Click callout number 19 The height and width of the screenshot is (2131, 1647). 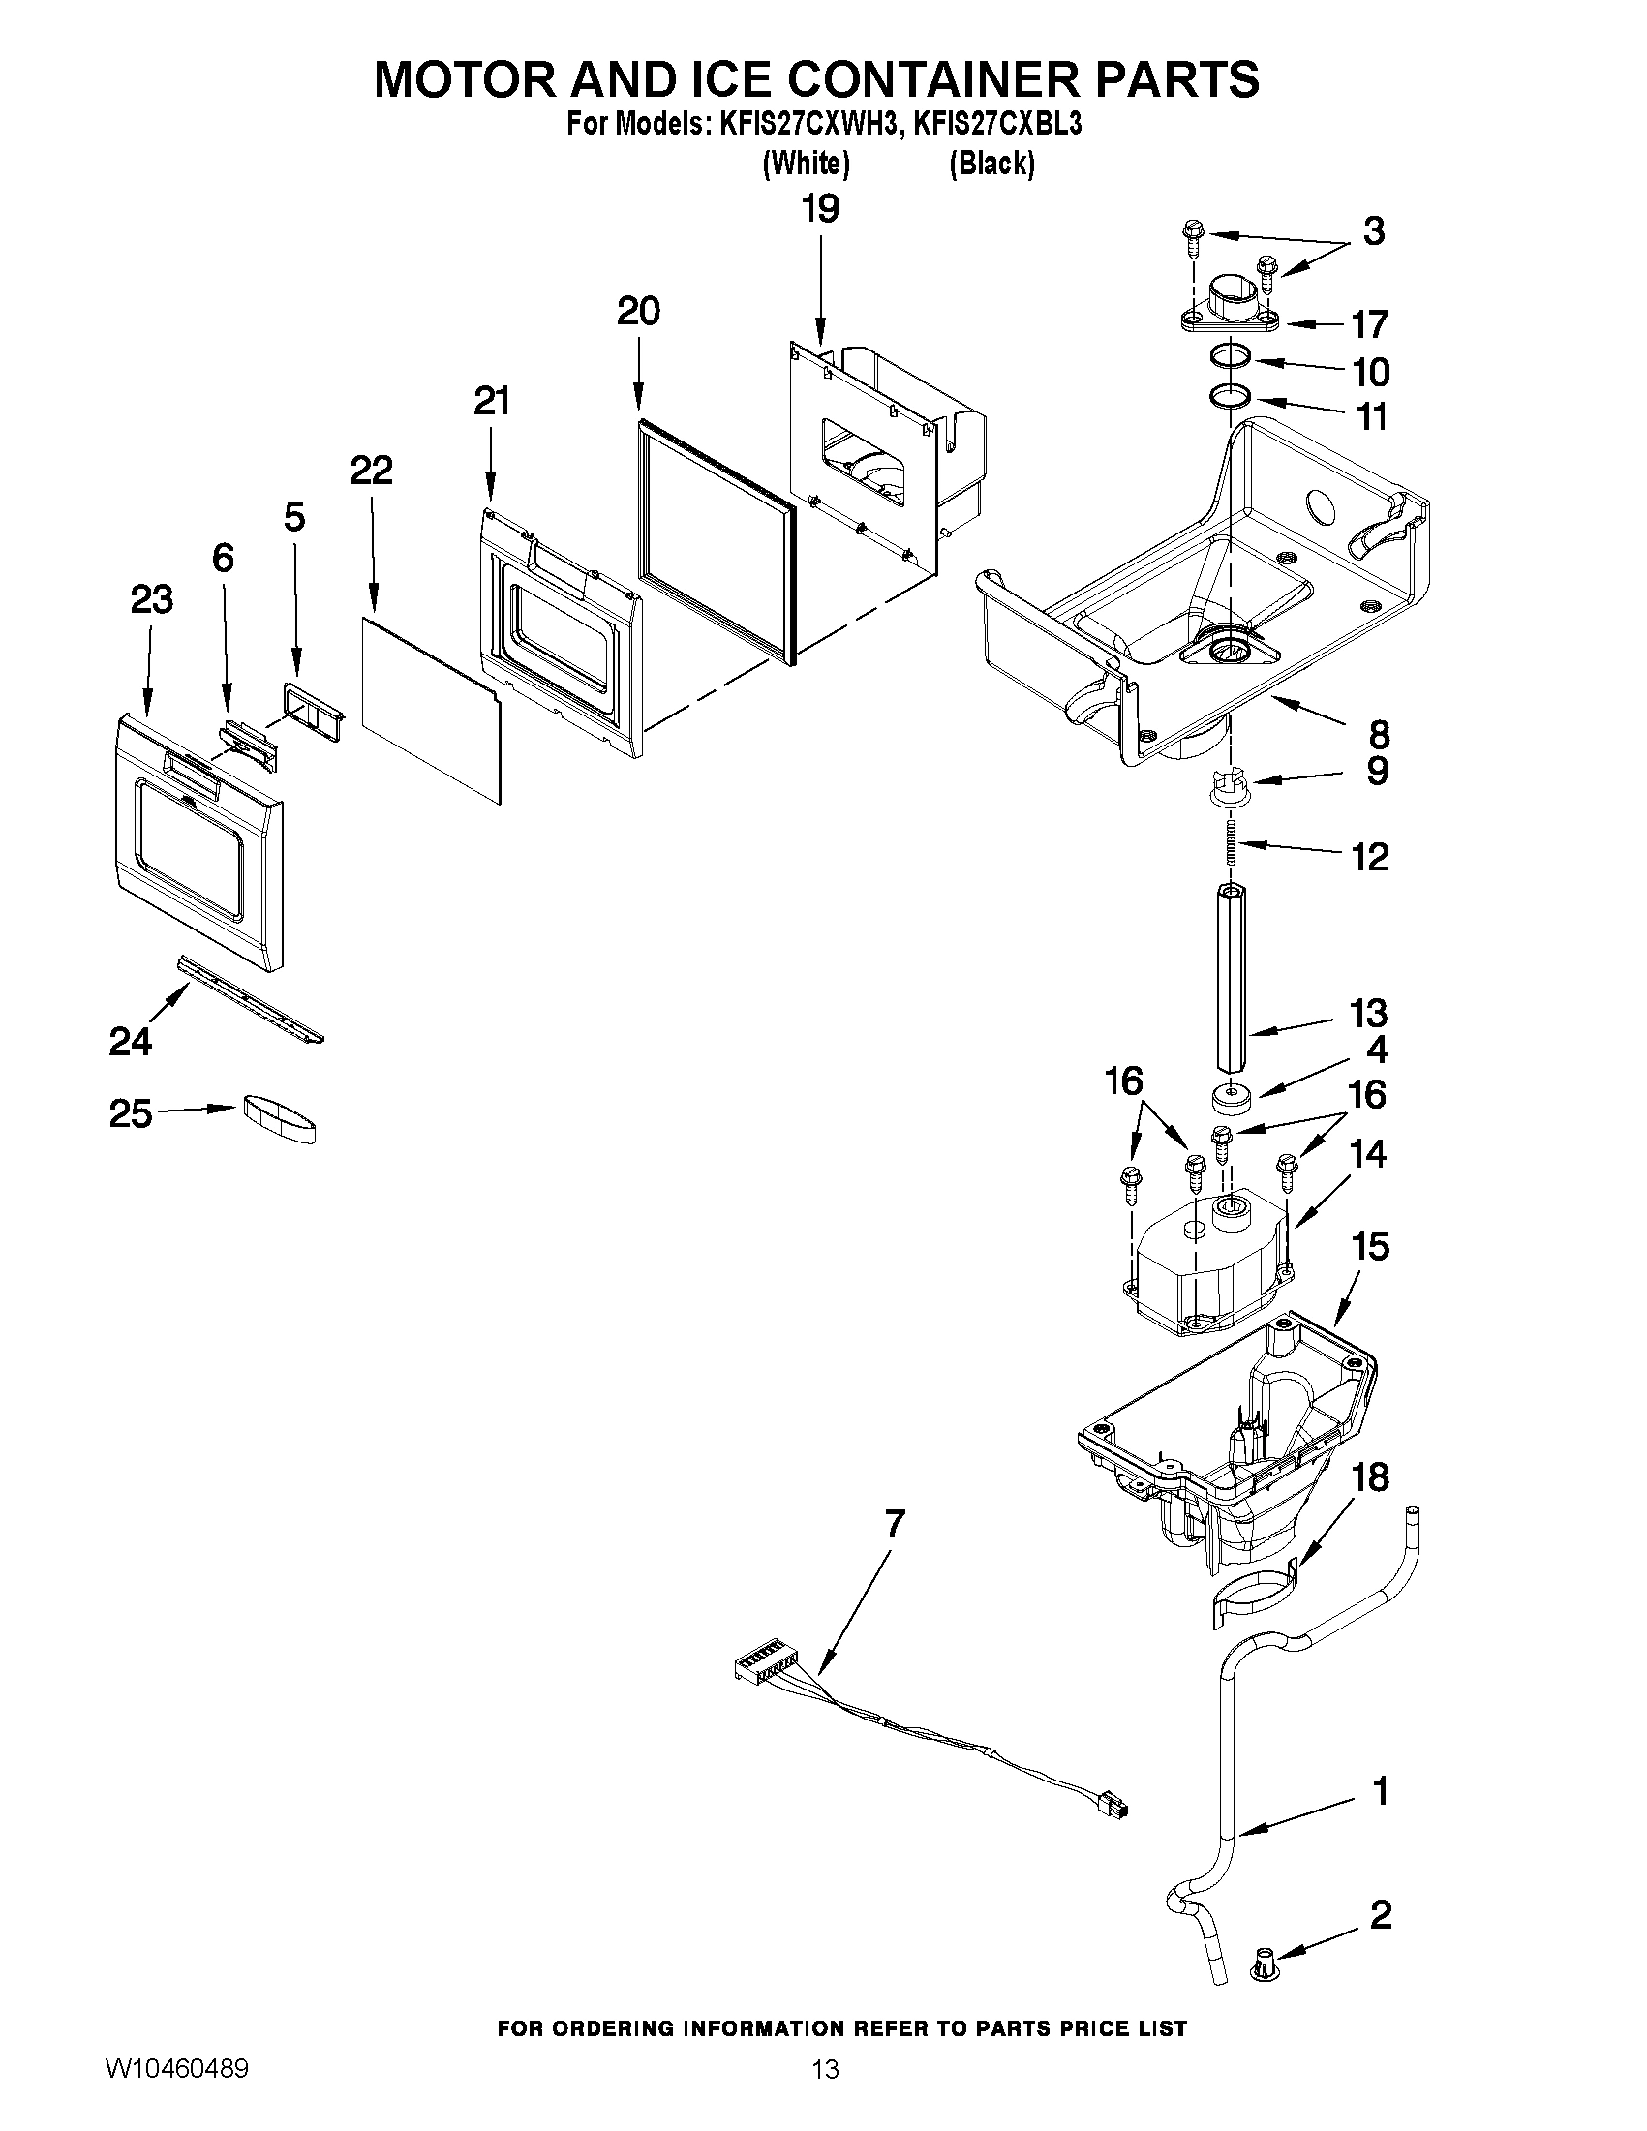pyautogui.click(x=819, y=209)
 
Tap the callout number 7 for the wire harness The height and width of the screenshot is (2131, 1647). pyautogui.click(x=894, y=1524)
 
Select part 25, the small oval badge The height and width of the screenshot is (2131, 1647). pyautogui.click(x=279, y=1118)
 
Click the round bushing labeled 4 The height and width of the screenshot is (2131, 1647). pyautogui.click(x=1233, y=1099)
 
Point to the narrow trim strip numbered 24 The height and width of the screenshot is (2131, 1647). pyautogui.click(x=251, y=1001)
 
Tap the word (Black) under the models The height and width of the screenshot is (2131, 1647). pyautogui.click(x=991, y=163)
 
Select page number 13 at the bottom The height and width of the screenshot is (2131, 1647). pyautogui.click(x=825, y=2092)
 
